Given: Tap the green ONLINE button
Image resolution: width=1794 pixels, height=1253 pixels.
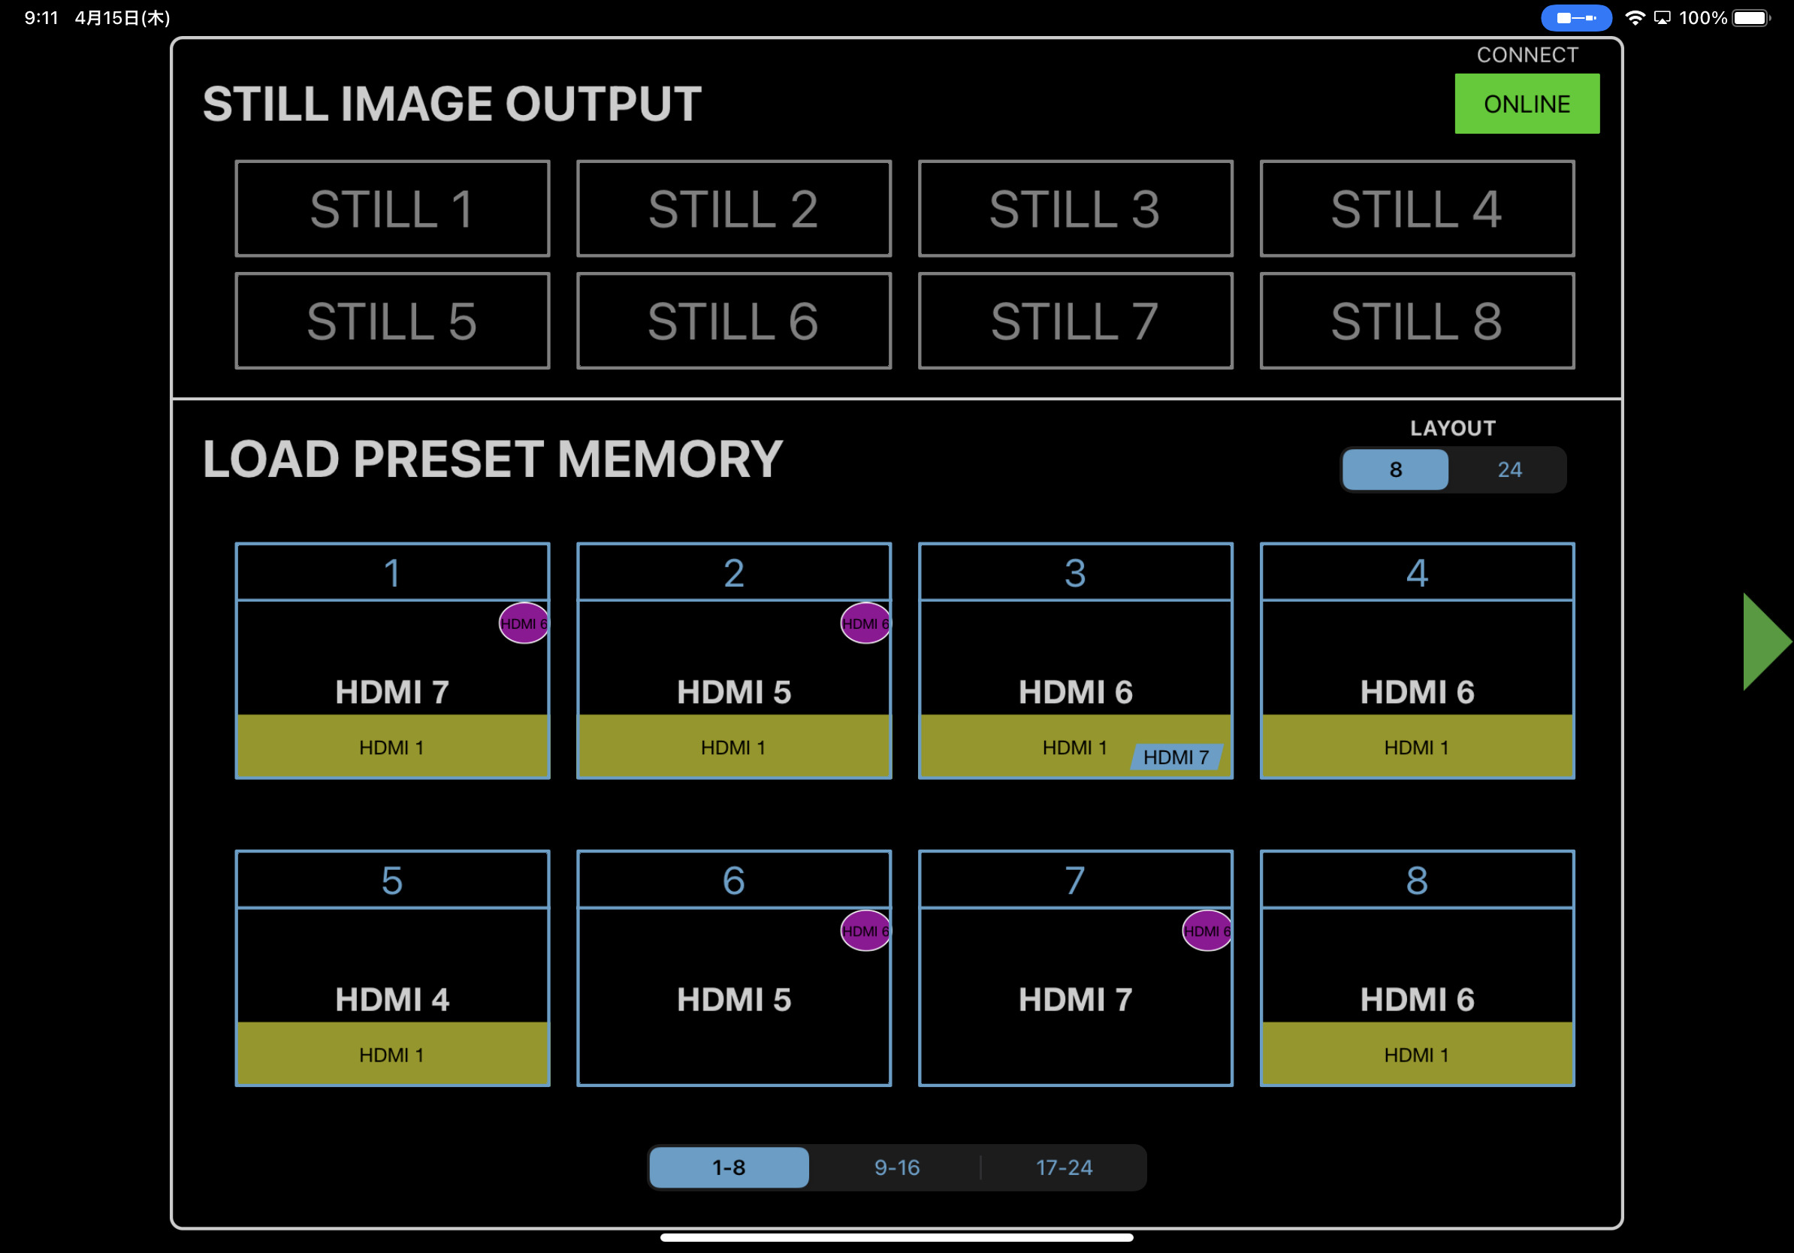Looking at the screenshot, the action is point(1527,104).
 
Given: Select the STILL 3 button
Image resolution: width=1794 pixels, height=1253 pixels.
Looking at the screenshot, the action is point(1075,209).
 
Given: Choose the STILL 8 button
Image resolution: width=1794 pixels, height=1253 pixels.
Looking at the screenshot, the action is point(1417,320).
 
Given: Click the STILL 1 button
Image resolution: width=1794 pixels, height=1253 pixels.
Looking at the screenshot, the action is point(392,209).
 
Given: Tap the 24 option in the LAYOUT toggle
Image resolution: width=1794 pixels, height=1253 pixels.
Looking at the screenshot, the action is point(1509,469).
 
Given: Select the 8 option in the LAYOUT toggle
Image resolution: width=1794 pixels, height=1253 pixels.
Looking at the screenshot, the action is point(1396,469).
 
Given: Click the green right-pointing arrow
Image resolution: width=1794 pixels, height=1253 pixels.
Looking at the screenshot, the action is point(1766,642).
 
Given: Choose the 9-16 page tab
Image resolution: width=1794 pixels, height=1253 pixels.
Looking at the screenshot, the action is point(896,1167).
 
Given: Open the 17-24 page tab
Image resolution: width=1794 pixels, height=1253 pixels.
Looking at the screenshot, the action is point(1064,1167).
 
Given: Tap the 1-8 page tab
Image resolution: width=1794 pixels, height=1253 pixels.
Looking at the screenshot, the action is point(729,1167).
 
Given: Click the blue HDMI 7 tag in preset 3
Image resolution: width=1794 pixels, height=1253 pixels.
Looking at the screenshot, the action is point(1176,756).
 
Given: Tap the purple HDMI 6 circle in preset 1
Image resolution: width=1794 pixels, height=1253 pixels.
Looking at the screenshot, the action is point(524,623).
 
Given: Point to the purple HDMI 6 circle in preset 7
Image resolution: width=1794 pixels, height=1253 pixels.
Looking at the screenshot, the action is point(1207,931).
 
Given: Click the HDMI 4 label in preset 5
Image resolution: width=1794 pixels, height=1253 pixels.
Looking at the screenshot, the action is point(392,999).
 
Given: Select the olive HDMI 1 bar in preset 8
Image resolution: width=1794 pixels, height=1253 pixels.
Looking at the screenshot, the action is point(1417,1054).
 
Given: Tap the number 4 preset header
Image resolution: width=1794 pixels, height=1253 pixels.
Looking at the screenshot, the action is point(1417,572).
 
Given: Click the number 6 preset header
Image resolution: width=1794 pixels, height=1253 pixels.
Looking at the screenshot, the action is point(734,880).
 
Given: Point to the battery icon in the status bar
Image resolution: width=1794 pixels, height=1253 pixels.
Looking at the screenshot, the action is point(1751,17).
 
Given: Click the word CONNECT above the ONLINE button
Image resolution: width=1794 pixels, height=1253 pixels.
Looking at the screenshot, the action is point(1527,55).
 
